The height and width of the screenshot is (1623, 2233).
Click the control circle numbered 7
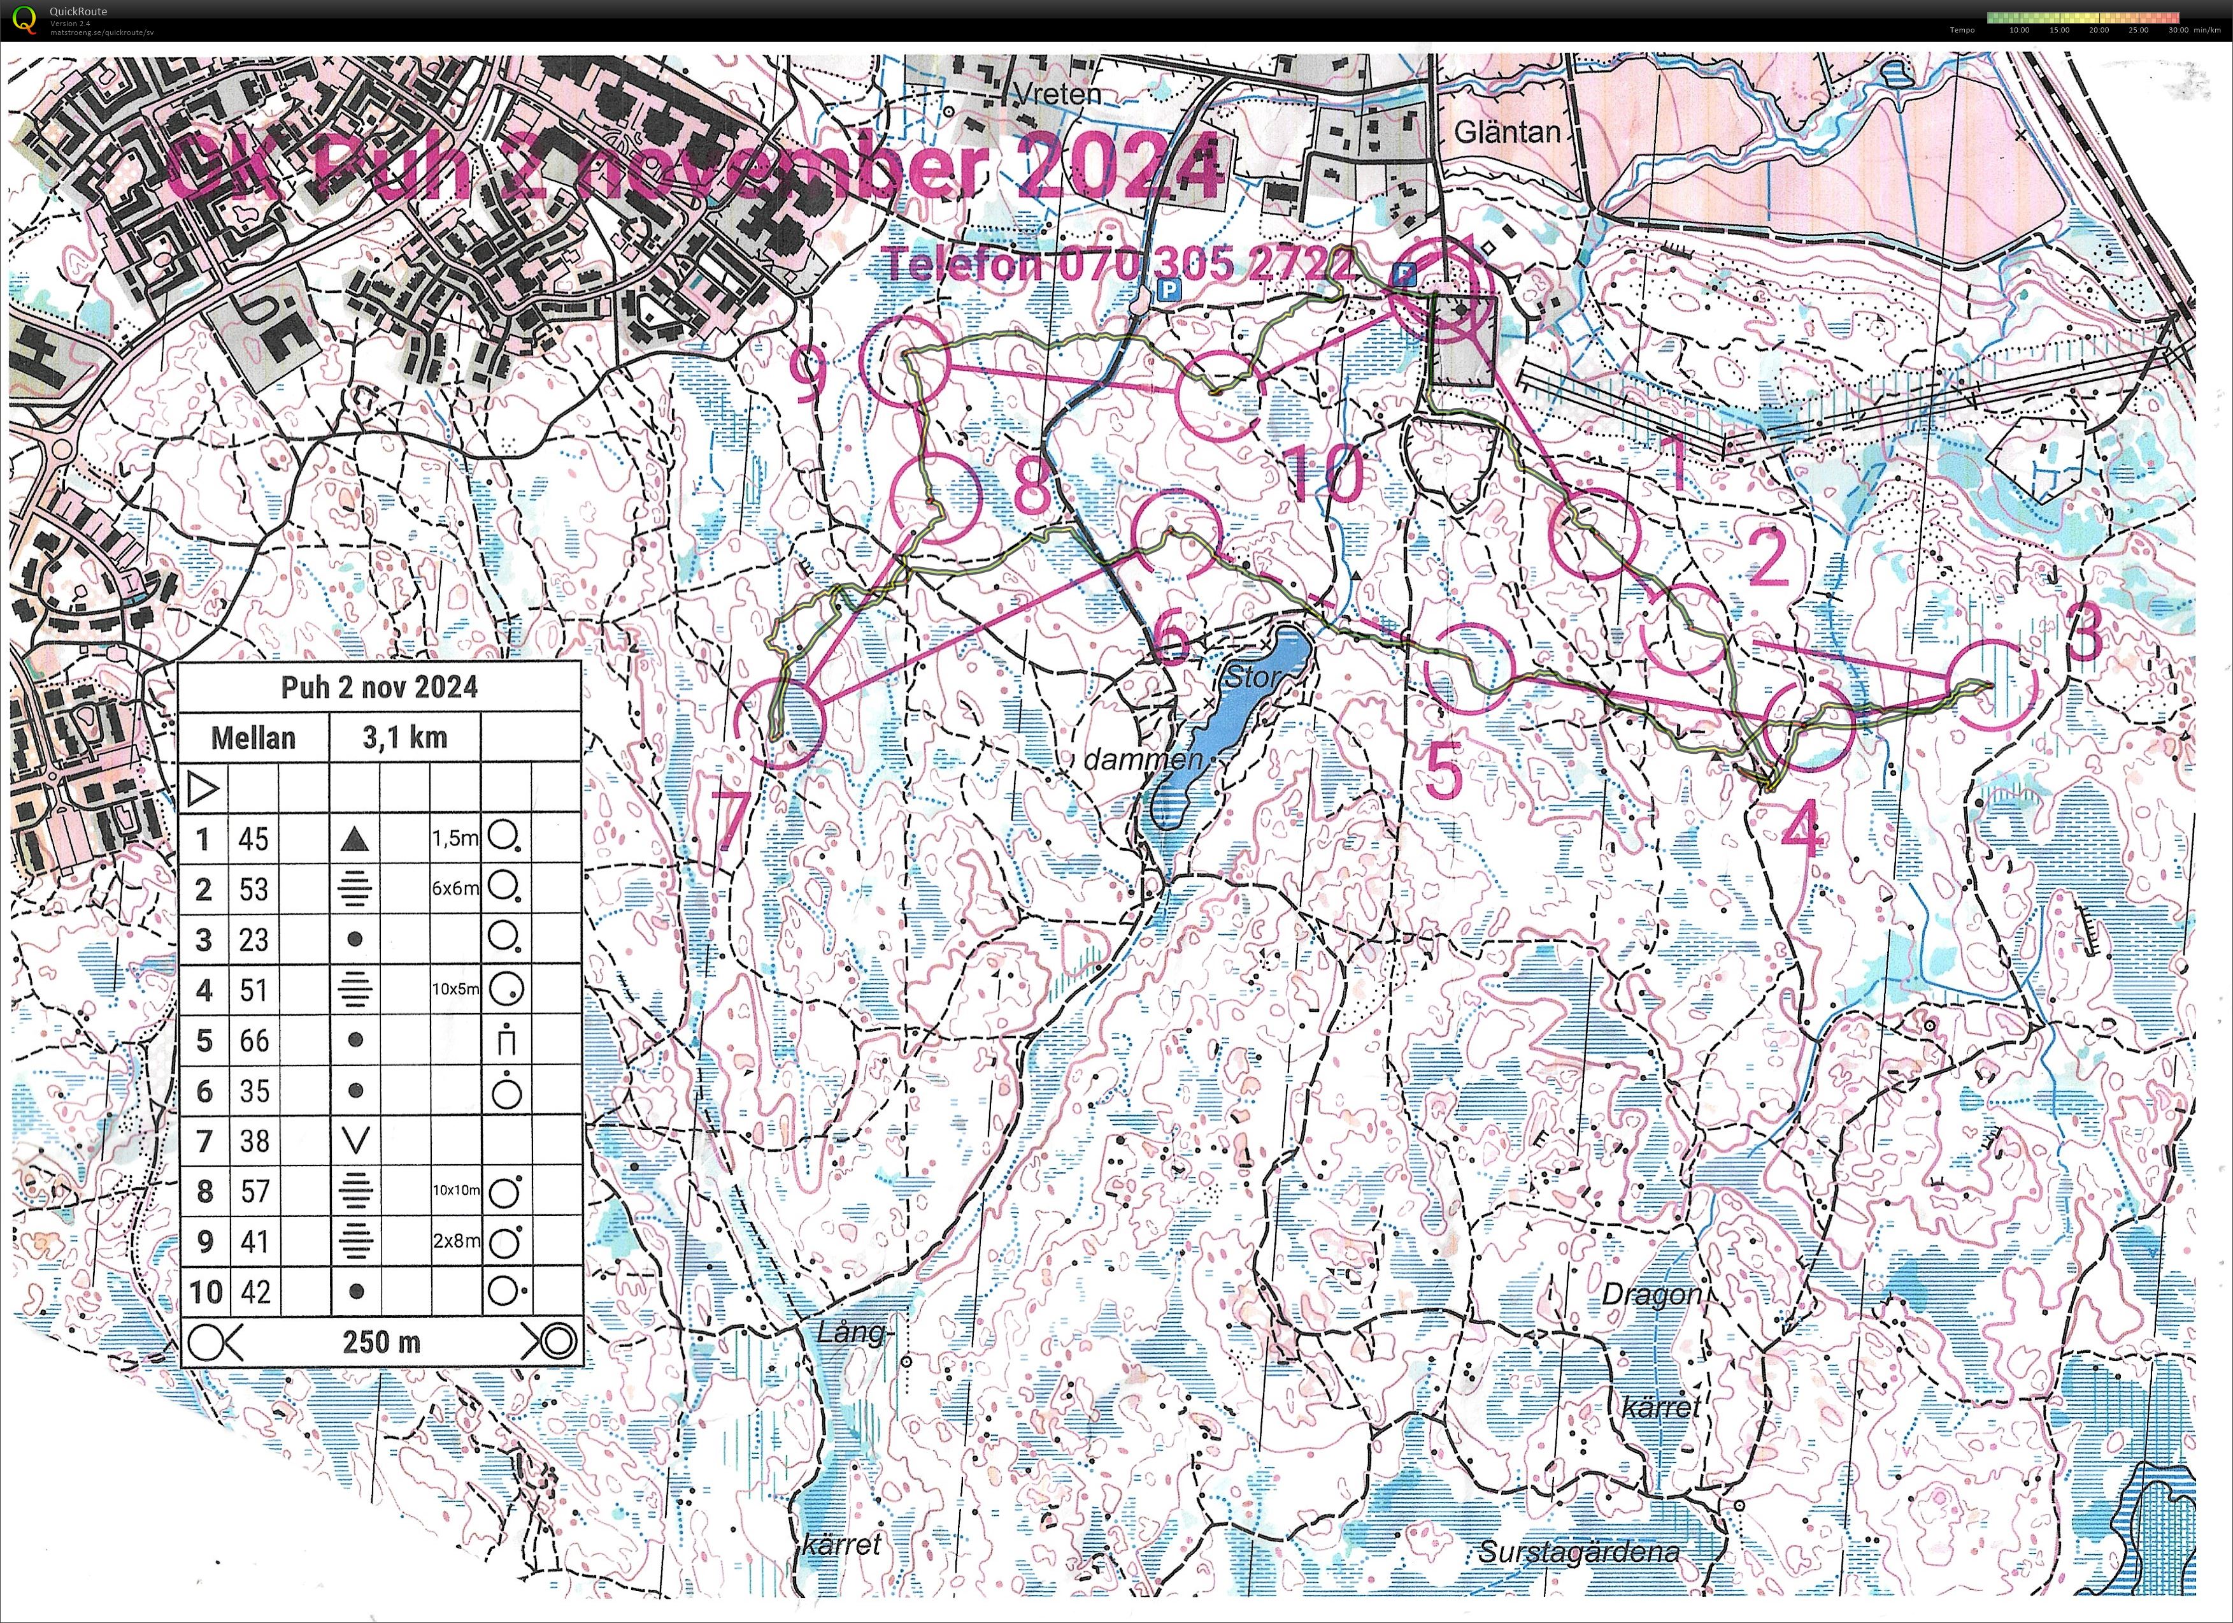point(780,724)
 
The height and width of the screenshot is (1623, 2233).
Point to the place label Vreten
point(1055,94)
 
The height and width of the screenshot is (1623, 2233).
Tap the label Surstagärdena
point(1578,1552)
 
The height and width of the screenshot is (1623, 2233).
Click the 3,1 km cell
point(404,737)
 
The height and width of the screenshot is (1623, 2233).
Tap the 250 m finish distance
point(381,1341)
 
